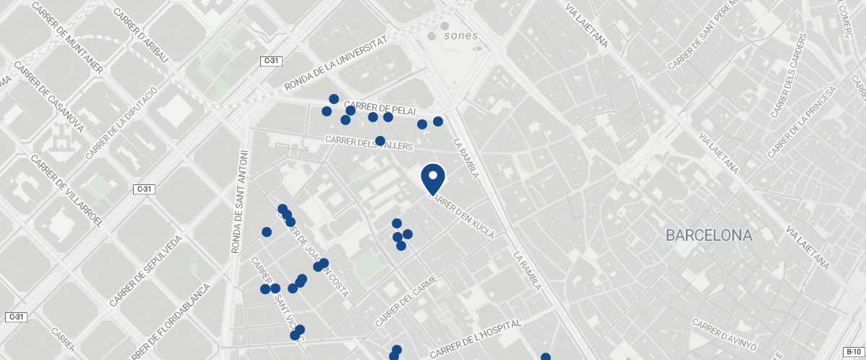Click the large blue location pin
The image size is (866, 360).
click(432, 179)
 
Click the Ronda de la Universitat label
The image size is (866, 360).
click(336, 64)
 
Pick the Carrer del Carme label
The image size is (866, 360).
click(406, 301)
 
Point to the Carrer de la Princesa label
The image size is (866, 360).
click(802, 122)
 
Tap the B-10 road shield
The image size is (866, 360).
click(854, 351)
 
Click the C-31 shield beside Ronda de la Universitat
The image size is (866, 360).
click(271, 61)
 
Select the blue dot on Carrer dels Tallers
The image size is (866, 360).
click(380, 141)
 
